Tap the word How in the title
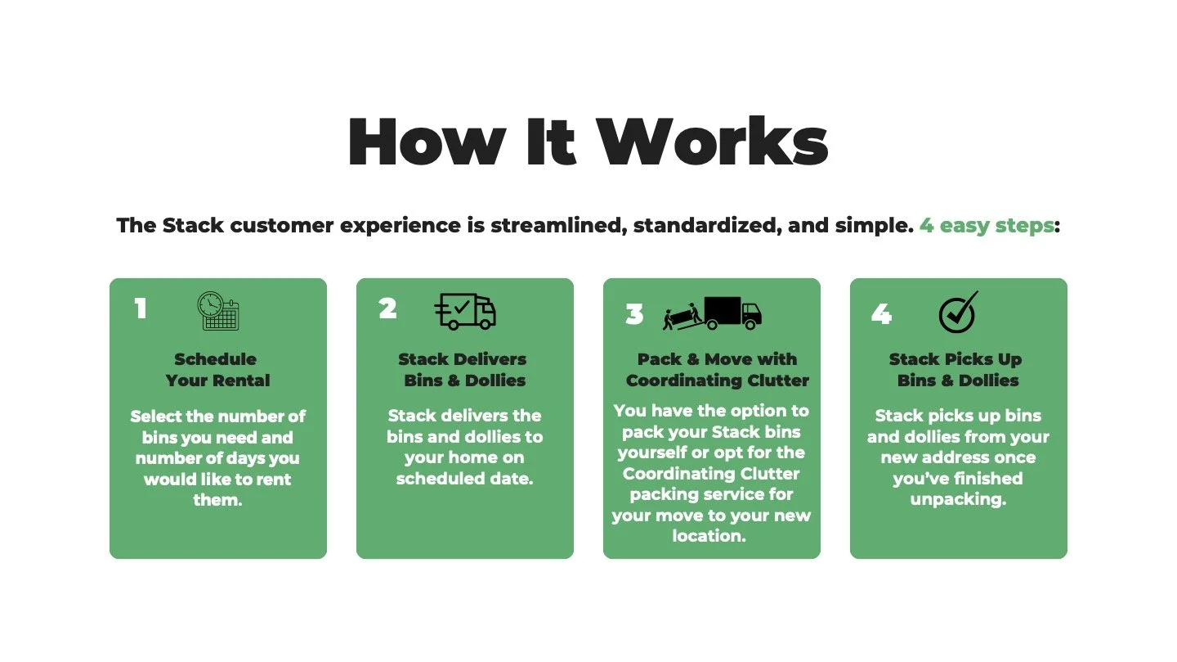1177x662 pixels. pos(426,143)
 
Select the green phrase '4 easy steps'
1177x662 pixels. pos(987,225)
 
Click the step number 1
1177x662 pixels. pos(141,308)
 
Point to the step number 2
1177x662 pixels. pos(387,308)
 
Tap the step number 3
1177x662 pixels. pos(634,314)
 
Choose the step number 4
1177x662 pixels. pos(881,314)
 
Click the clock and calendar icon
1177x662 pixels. pos(218,311)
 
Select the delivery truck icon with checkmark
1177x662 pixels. pos(465,311)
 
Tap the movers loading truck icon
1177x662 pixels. pos(712,313)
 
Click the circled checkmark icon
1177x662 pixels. pos(958,313)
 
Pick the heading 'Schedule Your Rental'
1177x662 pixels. pos(217,370)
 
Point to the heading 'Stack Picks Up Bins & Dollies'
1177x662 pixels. pos(957,370)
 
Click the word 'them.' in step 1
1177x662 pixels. pos(217,500)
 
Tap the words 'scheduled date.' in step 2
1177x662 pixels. pos(464,479)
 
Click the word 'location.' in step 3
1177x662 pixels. pos(709,536)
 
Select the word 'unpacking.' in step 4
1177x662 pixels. pos(958,499)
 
